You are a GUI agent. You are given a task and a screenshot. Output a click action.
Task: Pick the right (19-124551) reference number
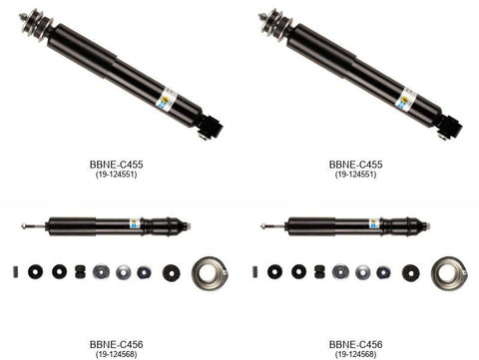[356, 176]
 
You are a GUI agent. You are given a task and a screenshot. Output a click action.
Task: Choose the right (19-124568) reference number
[356, 355]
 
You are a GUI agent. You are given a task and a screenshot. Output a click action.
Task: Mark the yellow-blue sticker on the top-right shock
[405, 99]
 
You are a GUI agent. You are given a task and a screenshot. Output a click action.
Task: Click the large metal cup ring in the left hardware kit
[211, 272]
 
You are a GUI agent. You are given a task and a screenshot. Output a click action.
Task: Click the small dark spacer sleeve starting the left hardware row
[17, 271]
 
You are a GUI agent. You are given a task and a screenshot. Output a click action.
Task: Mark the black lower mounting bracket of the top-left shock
[210, 127]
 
